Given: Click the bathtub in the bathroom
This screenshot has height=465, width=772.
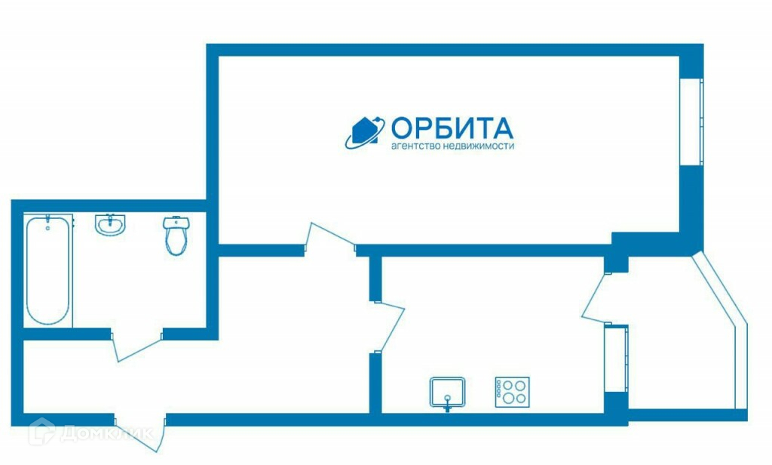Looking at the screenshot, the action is (x=48, y=270).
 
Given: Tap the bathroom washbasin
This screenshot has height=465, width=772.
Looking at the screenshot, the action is (x=110, y=225).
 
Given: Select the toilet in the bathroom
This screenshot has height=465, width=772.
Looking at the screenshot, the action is (x=176, y=235).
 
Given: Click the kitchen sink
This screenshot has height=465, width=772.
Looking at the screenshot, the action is (x=448, y=392).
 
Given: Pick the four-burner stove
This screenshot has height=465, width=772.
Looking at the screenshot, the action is (x=512, y=392).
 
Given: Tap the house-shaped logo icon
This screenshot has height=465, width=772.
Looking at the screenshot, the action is (x=366, y=132).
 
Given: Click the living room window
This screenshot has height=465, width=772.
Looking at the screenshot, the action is (x=691, y=121).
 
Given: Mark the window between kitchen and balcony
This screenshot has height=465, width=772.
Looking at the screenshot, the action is (x=616, y=358).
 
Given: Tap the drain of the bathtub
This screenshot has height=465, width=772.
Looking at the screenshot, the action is (x=47, y=226).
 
